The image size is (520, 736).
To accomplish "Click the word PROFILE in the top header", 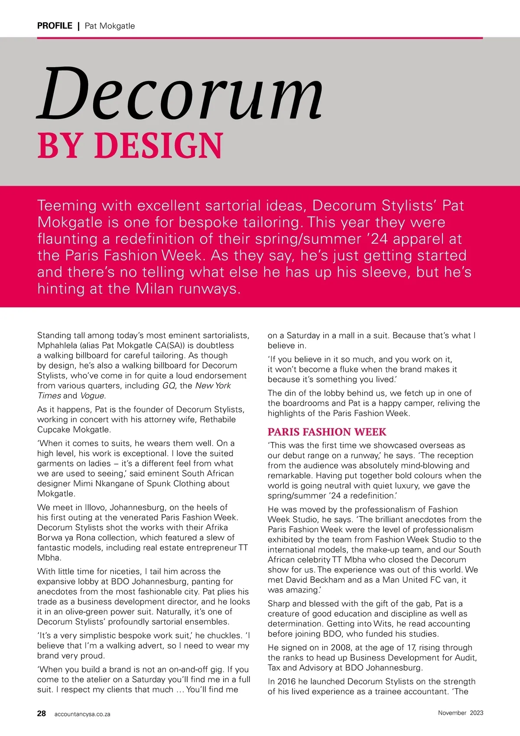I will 55,26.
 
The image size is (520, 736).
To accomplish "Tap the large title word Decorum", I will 180,94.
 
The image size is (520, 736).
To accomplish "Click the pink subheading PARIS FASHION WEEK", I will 327,432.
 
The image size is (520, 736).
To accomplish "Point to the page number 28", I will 42,713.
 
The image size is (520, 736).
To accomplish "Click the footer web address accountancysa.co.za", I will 82,714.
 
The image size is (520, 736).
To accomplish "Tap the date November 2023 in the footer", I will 460,713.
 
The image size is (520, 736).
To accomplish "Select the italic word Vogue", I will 92,395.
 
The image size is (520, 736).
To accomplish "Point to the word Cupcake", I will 54,430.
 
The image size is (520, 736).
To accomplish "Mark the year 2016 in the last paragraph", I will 286,681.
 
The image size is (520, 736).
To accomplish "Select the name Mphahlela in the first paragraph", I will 57,345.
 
